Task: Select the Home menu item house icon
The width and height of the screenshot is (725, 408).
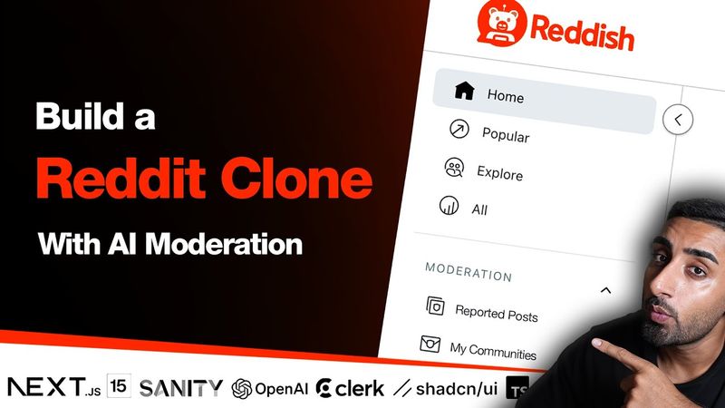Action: click(465, 90)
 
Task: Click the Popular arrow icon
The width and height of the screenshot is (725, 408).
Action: click(459, 131)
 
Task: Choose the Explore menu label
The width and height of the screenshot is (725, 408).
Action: click(499, 172)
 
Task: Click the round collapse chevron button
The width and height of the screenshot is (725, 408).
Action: click(678, 119)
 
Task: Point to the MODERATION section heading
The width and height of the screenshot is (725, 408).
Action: click(469, 273)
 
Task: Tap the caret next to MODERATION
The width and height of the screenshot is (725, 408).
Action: click(606, 290)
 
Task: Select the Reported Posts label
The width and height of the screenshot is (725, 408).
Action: click(496, 314)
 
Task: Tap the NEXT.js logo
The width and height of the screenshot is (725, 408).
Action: click(53, 387)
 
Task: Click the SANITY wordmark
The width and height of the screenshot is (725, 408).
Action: click(181, 388)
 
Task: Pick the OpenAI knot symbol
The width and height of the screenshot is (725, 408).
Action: click(241, 388)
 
